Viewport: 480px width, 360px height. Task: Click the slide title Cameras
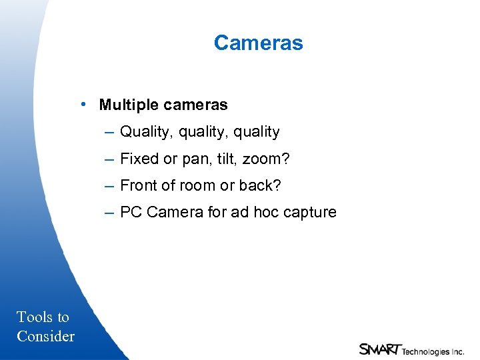tap(258, 43)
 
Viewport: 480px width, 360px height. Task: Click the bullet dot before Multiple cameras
tap(81, 104)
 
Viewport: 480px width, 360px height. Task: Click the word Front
tap(139, 185)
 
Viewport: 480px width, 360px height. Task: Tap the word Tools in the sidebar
tap(33, 317)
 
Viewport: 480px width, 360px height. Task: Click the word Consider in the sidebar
tap(45, 336)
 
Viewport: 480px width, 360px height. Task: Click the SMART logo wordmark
tap(379, 348)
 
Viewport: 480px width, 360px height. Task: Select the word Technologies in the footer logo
tap(424, 351)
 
